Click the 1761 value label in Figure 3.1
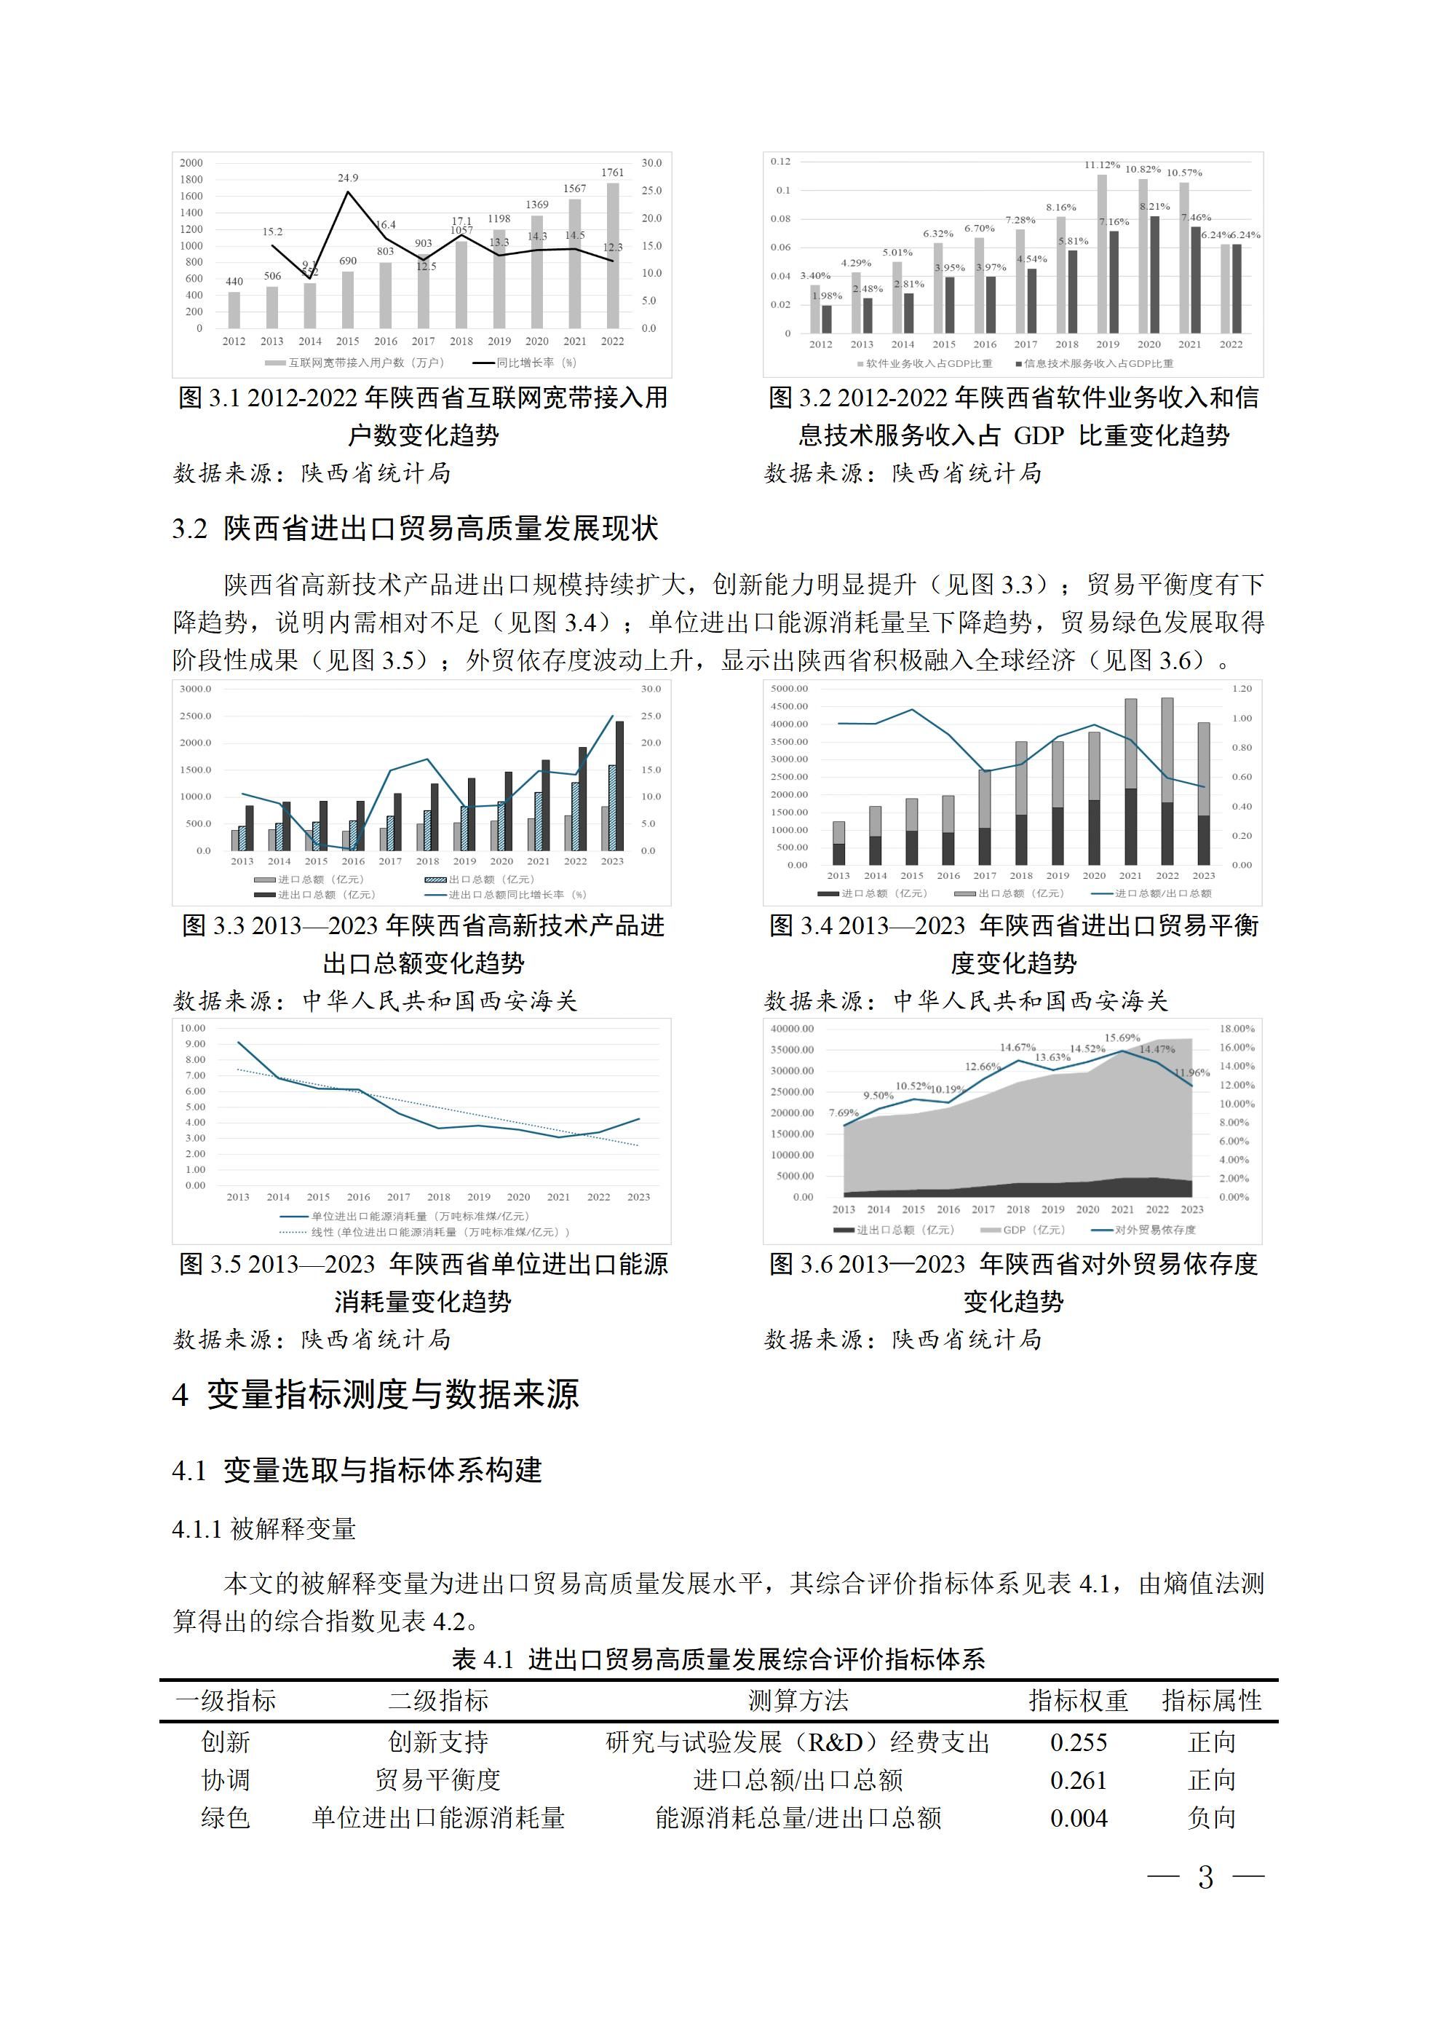(612, 173)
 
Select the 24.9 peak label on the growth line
(348, 178)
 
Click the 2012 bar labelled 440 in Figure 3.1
(234, 309)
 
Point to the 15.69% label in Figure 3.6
(1122, 1038)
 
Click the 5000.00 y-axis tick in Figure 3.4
(789, 689)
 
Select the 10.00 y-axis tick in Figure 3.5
(193, 1028)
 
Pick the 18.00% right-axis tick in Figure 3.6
(1237, 1029)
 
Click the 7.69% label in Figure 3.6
(844, 1113)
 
